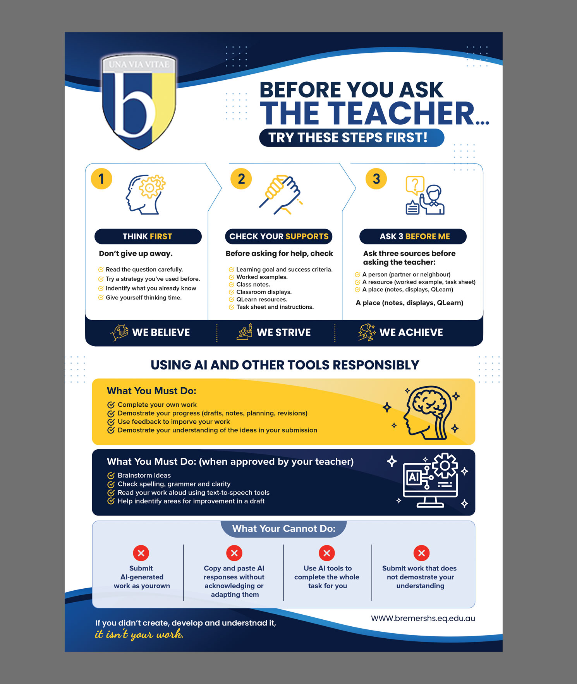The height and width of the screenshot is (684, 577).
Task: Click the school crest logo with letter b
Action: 139,101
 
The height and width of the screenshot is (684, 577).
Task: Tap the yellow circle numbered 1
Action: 101,179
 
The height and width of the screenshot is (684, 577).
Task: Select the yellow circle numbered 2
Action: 241,179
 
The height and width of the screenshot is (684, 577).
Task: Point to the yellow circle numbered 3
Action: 376,179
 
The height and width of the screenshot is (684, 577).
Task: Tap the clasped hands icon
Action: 281,194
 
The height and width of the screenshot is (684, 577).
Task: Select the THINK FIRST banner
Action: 148,236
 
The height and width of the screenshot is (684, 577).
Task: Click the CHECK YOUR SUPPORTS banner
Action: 279,236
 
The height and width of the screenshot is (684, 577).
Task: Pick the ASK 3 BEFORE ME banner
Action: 413,236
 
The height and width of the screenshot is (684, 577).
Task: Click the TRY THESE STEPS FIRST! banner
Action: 352,137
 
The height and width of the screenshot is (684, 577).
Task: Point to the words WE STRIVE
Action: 284,332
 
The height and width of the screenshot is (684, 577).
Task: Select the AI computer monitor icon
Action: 431,480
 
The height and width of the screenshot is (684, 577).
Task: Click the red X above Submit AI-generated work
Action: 141,553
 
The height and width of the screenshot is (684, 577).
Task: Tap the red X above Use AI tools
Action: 327,553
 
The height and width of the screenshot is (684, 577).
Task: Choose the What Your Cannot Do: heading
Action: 284,529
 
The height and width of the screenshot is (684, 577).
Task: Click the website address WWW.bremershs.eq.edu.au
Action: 423,618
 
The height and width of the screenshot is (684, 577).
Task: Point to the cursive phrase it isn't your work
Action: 139,634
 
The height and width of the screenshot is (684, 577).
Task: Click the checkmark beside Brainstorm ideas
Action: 111,475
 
